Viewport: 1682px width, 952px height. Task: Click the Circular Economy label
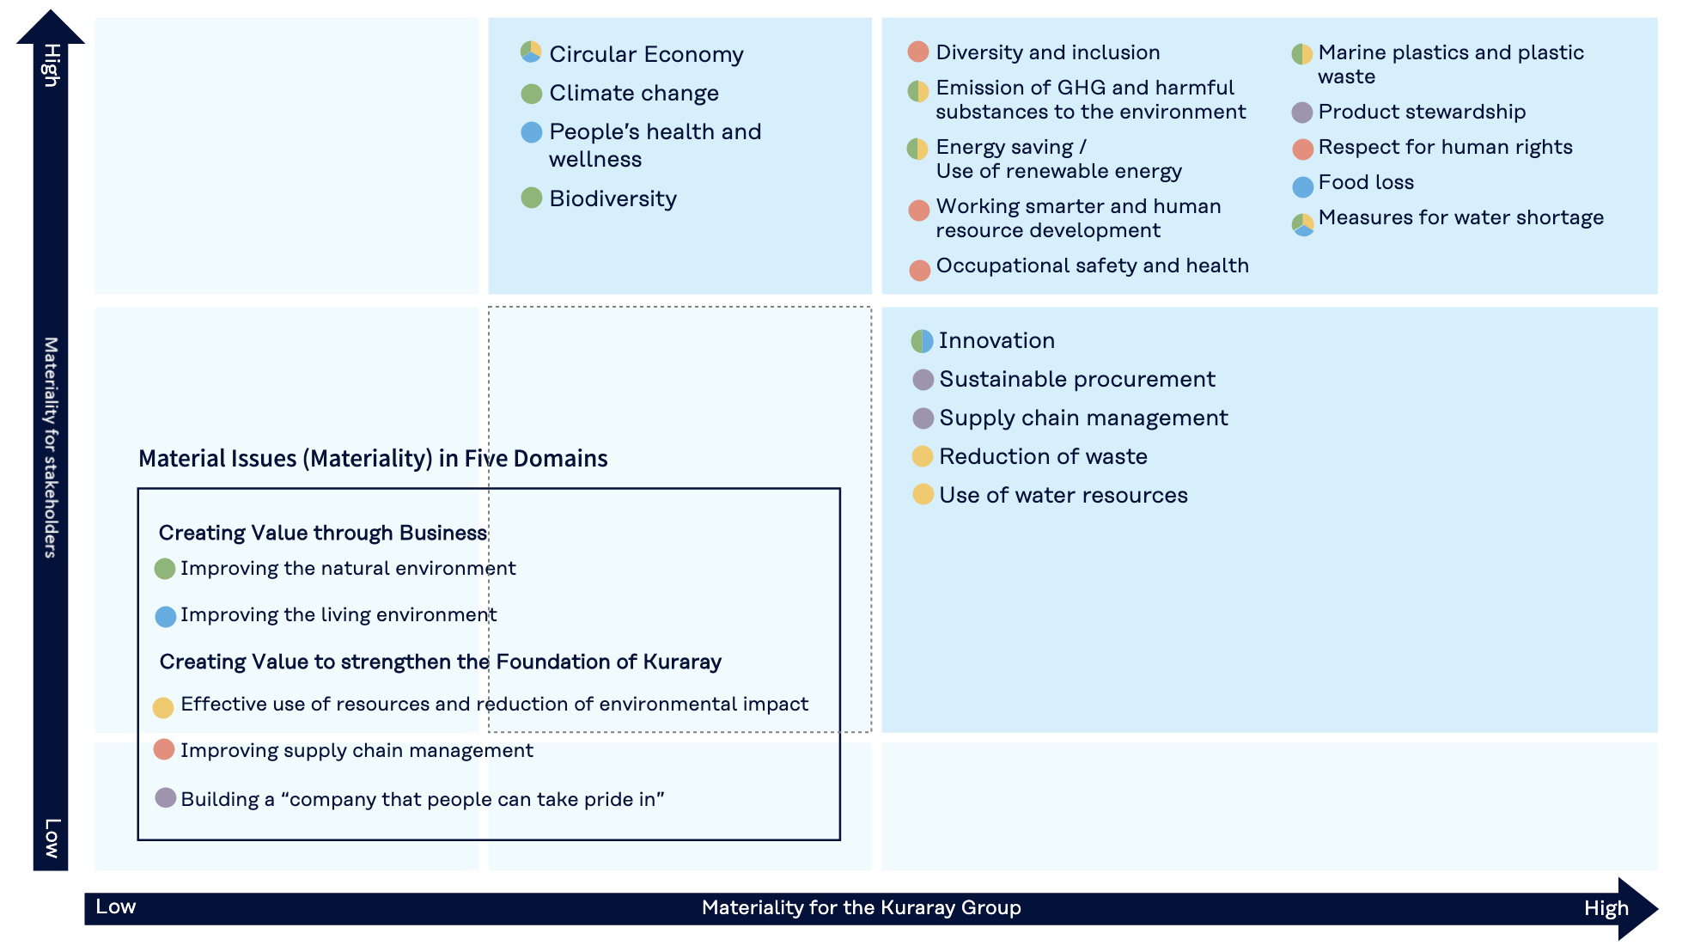pyautogui.click(x=646, y=54)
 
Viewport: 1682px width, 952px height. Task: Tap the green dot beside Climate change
pyautogui.click(x=532, y=94)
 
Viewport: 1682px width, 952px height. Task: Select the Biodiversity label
pyautogui.click(x=613, y=199)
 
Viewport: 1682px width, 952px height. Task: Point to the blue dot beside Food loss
pyautogui.click(x=1303, y=186)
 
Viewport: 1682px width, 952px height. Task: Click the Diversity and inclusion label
pyautogui.click(x=1048, y=52)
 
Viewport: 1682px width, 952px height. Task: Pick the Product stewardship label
pyautogui.click(x=1422, y=112)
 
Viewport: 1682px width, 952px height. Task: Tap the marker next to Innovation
pyautogui.click(x=922, y=341)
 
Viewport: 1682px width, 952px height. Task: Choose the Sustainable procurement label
pyautogui.click(x=1077, y=379)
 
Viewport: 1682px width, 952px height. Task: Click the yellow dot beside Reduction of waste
pyautogui.click(x=923, y=456)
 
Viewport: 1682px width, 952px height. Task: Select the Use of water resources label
pyautogui.click(x=1063, y=495)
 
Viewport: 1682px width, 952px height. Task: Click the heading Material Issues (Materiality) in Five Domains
pyautogui.click(x=373, y=459)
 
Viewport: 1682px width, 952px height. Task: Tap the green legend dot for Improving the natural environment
pyautogui.click(x=165, y=569)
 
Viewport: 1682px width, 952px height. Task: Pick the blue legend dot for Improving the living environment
pyautogui.click(x=166, y=616)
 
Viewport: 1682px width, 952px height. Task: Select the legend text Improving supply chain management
pyautogui.click(x=357, y=751)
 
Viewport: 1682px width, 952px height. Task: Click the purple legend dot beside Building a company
pyautogui.click(x=166, y=797)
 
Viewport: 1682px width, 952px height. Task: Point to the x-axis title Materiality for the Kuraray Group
pyautogui.click(x=862, y=908)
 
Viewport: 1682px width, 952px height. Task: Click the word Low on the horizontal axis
pyautogui.click(x=116, y=906)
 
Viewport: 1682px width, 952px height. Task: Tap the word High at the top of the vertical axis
pyautogui.click(x=51, y=65)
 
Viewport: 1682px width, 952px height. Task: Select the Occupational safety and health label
pyautogui.click(x=1093, y=265)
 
